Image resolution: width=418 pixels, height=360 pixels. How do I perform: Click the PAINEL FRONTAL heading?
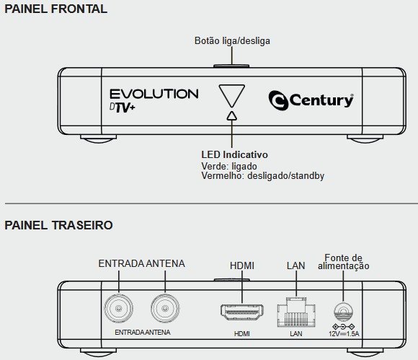pos(56,9)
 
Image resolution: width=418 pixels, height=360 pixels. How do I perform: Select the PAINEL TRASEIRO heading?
pos(58,225)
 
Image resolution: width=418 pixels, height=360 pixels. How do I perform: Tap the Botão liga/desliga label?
pos(232,41)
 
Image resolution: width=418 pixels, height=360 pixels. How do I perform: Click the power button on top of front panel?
pos(231,66)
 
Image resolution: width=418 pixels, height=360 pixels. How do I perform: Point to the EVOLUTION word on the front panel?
pos(154,94)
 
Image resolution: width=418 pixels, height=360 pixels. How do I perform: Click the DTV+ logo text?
pos(123,107)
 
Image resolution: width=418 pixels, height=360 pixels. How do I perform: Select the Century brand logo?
pos(311,100)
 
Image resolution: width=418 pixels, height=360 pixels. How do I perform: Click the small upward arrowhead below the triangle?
pos(232,115)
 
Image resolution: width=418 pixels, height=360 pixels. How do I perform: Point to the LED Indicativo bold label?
pos(235,154)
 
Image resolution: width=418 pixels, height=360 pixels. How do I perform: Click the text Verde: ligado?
pos(229,166)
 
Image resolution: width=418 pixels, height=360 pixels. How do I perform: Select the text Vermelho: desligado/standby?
pos(263,176)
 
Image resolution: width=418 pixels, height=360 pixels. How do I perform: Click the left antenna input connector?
pos(118,309)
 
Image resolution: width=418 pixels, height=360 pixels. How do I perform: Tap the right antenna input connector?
pos(165,309)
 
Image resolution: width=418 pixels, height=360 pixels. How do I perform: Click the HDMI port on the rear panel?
pos(241,312)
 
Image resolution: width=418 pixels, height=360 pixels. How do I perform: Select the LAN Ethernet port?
pos(296,312)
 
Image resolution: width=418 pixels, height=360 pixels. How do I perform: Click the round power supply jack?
pos(343,312)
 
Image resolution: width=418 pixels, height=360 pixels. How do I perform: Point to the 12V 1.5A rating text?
pos(344,333)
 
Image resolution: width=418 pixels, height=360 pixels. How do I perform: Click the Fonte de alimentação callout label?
pos(344,262)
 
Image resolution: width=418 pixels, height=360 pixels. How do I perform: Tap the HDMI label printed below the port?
pos(242,333)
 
